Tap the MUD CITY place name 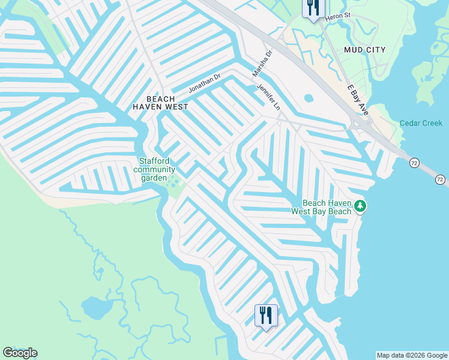(364, 50)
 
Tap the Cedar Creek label (421, 124)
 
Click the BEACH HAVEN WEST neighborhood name (160, 103)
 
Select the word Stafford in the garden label (154, 161)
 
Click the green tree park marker (360, 207)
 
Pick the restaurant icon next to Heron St (313, 8)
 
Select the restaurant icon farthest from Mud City (266, 314)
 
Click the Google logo (20, 353)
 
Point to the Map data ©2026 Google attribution (412, 355)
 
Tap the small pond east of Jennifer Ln (309, 98)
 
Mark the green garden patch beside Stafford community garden (174, 181)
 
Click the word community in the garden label (154, 170)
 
